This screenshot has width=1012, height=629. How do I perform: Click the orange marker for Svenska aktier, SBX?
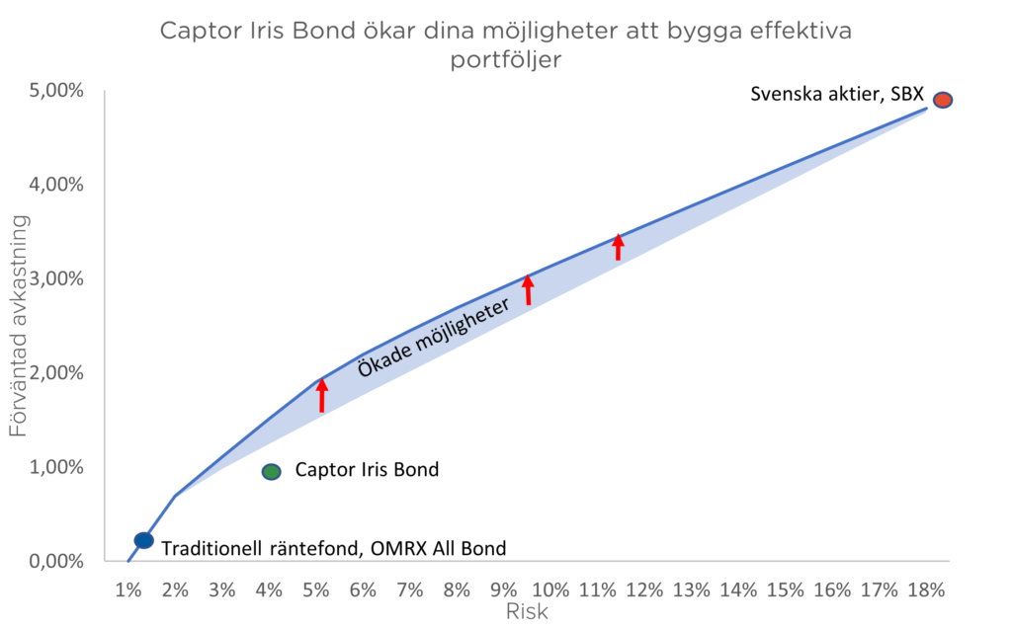pyautogui.click(x=943, y=100)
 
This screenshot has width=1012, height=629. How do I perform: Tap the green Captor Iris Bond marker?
pyautogui.click(x=272, y=472)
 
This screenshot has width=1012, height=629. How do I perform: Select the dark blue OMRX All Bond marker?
pyautogui.click(x=143, y=540)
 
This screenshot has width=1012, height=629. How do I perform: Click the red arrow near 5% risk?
pyautogui.click(x=321, y=395)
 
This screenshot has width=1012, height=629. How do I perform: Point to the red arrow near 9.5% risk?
pyautogui.click(x=528, y=289)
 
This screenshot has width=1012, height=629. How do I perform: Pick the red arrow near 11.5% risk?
pyautogui.click(x=619, y=247)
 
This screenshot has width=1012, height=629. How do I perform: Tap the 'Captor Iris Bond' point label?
pyautogui.click(x=367, y=471)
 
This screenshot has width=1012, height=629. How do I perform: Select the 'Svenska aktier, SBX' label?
pyautogui.click(x=836, y=96)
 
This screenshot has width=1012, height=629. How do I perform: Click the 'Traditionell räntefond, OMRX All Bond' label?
pyautogui.click(x=333, y=549)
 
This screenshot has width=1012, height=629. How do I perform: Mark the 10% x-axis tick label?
pyautogui.click(x=549, y=590)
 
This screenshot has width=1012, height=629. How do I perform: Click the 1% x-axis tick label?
pyautogui.click(x=128, y=590)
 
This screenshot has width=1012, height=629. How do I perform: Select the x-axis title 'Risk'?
pyautogui.click(x=527, y=611)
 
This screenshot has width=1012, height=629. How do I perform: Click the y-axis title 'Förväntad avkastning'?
pyautogui.click(x=19, y=326)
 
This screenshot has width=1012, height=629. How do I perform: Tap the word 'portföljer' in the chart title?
pyautogui.click(x=506, y=59)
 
